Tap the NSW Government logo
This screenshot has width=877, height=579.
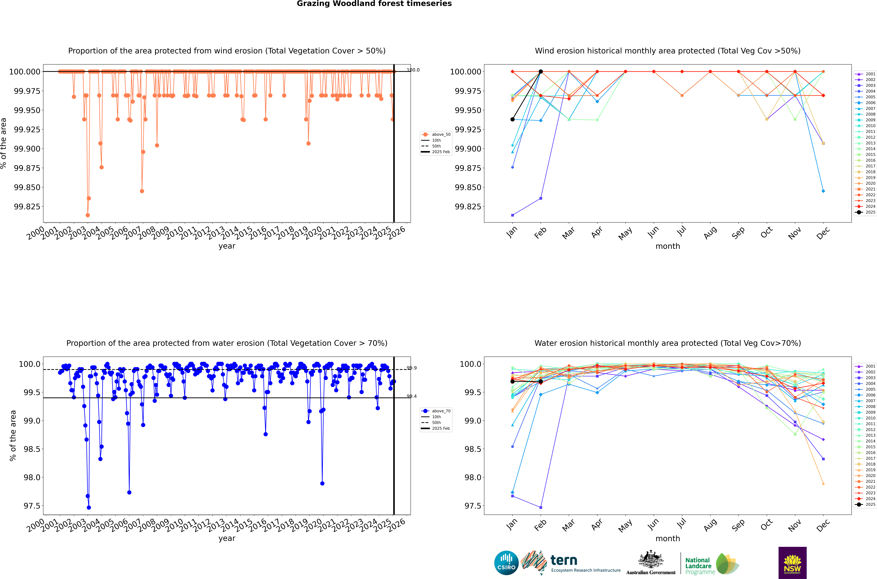tap(792, 563)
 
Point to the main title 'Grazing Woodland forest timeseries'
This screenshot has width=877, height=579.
tap(374, 4)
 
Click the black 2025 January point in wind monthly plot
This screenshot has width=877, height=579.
tap(512, 119)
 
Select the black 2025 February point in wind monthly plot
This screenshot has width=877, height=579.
tap(541, 72)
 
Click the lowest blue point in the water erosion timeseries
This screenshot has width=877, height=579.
tap(89, 507)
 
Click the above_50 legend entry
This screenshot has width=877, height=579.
tap(436, 134)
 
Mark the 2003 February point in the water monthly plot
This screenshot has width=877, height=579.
tap(541, 507)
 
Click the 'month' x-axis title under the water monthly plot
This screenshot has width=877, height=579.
tap(667, 538)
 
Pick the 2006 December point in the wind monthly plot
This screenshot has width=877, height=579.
tap(823, 191)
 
